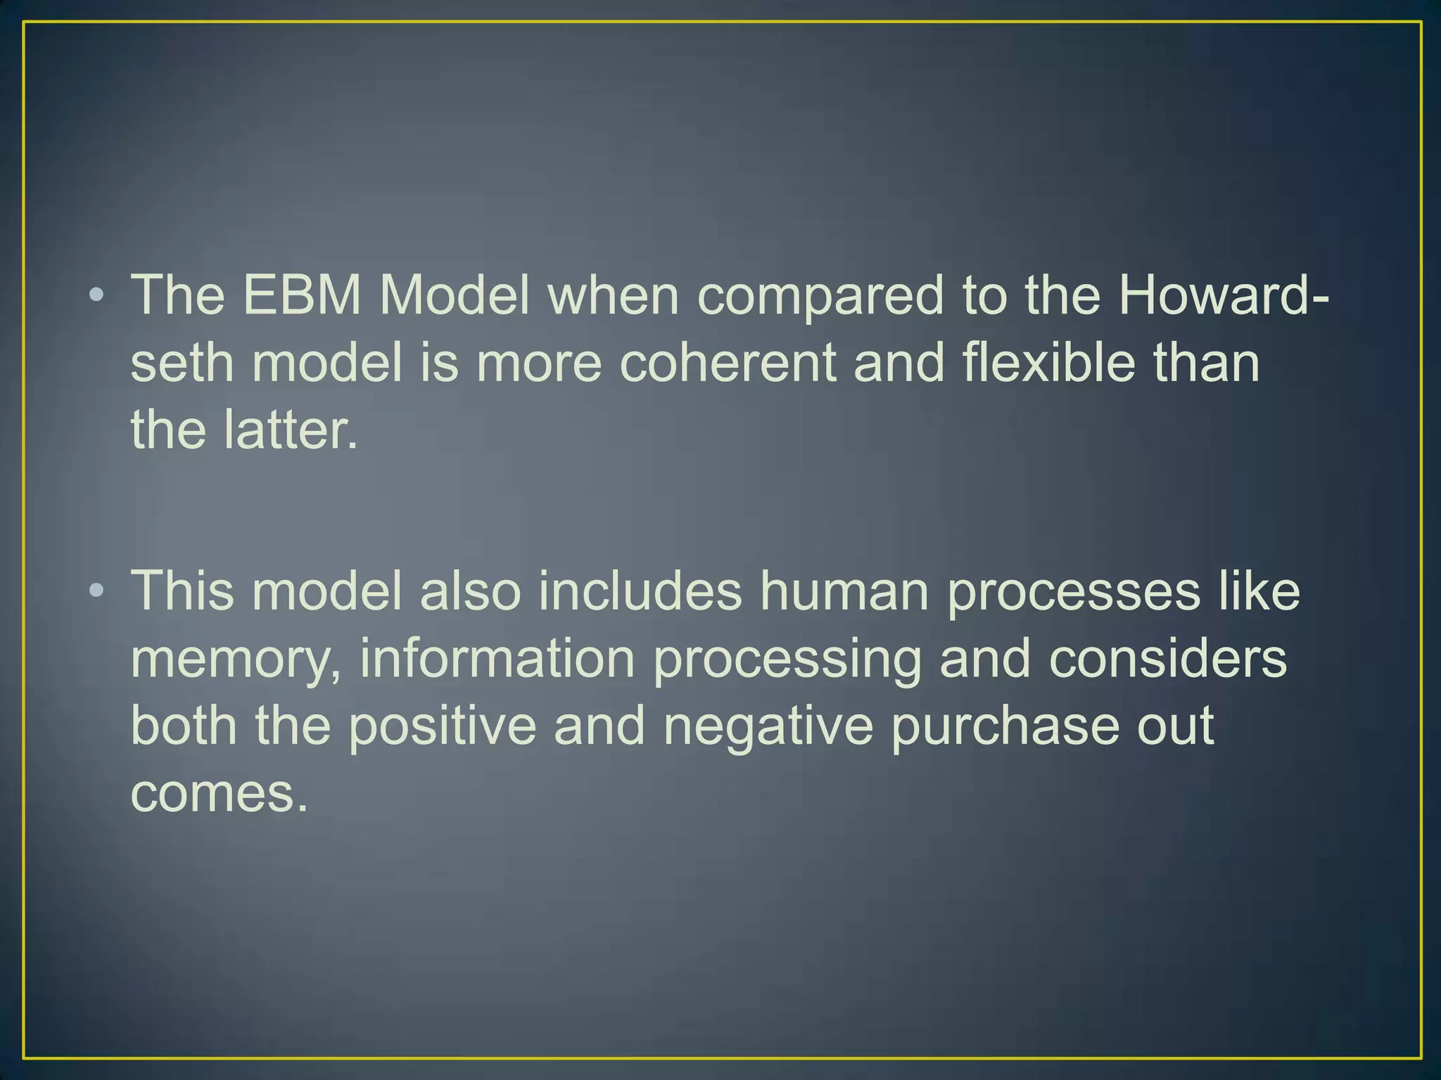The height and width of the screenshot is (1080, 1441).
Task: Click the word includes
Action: (x=640, y=591)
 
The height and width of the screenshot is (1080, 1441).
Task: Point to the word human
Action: (x=844, y=591)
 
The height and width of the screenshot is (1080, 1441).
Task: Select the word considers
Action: (x=1168, y=658)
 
